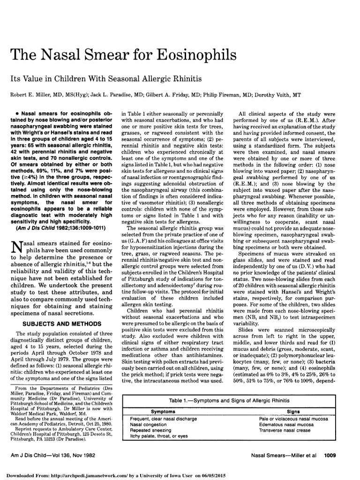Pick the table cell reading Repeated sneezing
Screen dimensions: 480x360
(x=151, y=430)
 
